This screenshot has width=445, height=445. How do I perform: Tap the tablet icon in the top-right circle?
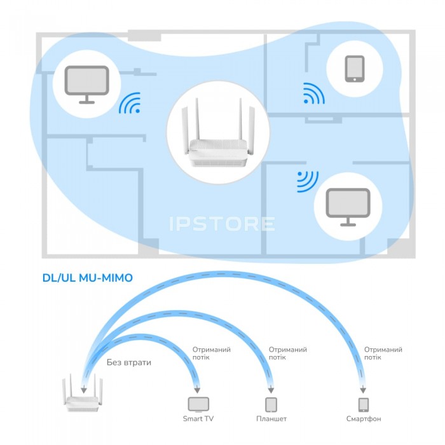(355, 69)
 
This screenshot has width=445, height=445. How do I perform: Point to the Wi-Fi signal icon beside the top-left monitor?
(130, 104)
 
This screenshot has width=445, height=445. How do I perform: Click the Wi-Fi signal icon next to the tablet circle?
(313, 93)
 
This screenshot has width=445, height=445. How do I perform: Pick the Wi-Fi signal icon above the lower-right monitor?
(307, 181)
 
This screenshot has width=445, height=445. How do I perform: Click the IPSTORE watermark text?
(222, 224)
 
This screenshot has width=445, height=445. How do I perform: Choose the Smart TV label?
(198, 420)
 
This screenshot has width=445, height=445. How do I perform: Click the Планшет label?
(271, 420)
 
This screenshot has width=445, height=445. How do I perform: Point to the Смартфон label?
(364, 420)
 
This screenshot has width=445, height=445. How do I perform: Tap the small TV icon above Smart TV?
(198, 404)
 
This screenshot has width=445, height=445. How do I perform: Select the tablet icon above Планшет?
(271, 404)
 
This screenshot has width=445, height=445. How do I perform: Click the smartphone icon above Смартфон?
(363, 404)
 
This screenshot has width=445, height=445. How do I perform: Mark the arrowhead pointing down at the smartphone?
(363, 390)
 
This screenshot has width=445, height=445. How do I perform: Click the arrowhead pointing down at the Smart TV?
(198, 390)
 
